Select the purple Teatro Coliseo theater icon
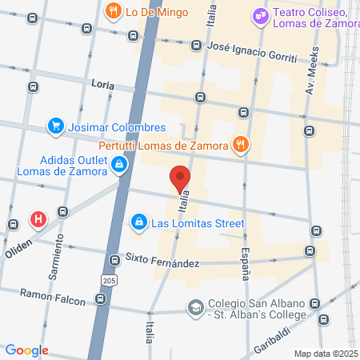260,14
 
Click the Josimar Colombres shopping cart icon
55,126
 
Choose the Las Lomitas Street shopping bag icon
138,222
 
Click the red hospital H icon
37,218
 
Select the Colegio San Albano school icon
195,307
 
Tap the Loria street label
103,84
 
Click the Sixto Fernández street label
161,259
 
